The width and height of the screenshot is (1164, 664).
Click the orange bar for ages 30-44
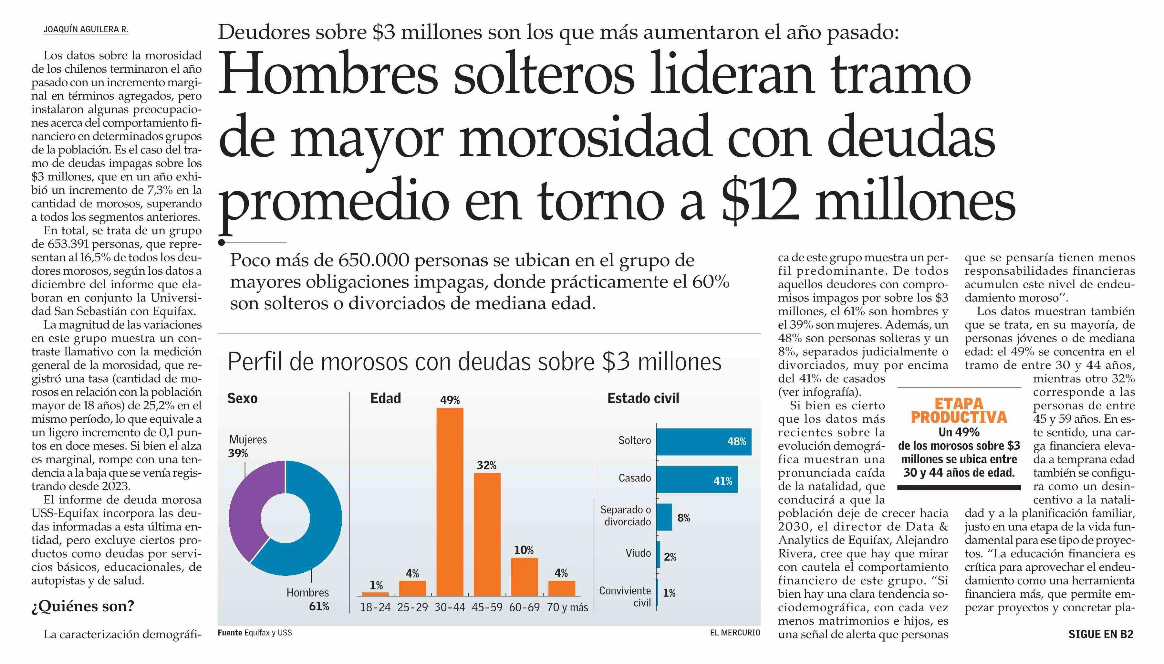point(450,502)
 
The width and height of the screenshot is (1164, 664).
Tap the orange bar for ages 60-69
point(524,576)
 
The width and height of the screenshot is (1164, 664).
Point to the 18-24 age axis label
point(375,607)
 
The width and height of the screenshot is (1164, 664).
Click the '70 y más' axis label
point(567,607)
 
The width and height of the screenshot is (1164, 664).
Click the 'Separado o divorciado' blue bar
point(664,517)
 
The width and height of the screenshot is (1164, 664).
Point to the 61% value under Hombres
point(319,606)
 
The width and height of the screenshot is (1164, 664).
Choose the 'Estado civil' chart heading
point(643,399)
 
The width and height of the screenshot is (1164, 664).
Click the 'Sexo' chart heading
point(243,399)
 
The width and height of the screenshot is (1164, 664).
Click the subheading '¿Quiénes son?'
point(83,606)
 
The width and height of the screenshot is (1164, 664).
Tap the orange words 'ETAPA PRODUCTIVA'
point(959,410)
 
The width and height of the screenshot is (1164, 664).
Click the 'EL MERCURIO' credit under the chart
point(735,633)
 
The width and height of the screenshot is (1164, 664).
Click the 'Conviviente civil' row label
point(625,596)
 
